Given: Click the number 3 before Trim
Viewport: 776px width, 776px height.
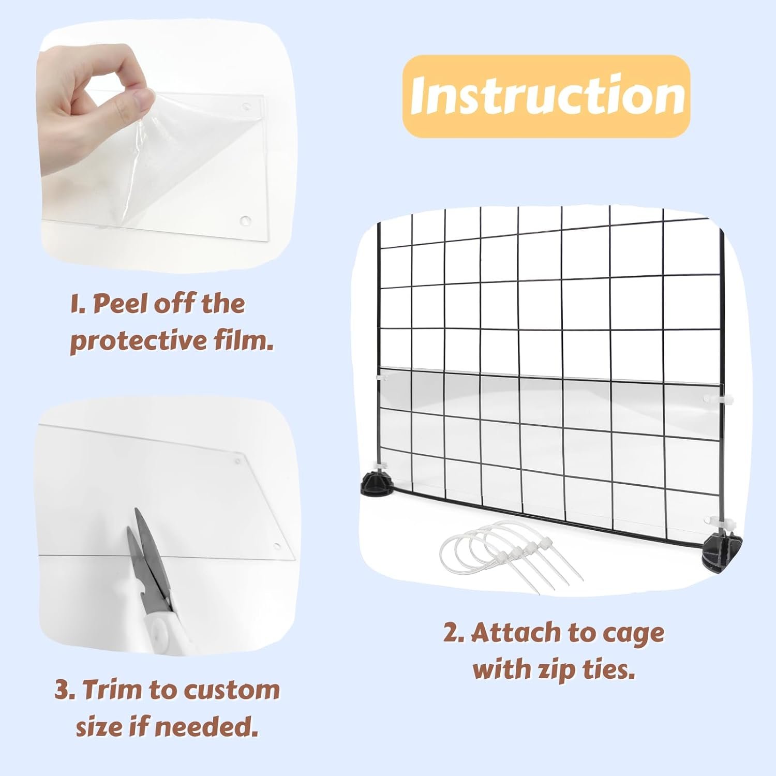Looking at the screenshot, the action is coord(63,690).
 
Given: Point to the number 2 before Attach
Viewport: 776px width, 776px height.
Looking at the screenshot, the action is coord(453,633).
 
